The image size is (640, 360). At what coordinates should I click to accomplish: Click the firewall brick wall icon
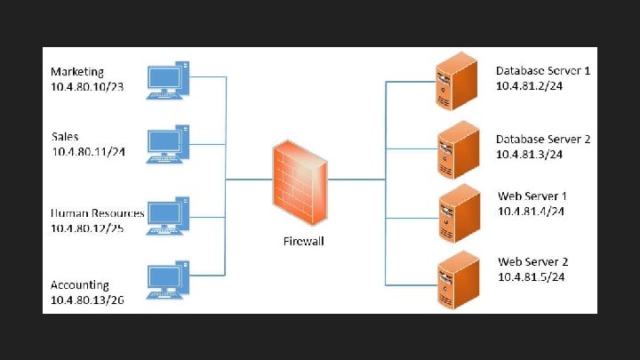click(x=299, y=181)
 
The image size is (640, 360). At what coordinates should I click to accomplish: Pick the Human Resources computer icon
click(x=167, y=216)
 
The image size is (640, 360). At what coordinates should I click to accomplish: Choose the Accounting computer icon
click(x=167, y=280)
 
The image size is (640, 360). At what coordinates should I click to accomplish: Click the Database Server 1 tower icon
click(x=450, y=83)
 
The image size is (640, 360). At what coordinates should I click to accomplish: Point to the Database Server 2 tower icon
click(x=450, y=150)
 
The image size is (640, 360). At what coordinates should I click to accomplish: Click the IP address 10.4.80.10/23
click(x=88, y=86)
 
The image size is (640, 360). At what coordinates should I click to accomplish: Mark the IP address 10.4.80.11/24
click(x=88, y=152)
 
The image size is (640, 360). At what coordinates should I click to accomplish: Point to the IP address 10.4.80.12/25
click(x=88, y=228)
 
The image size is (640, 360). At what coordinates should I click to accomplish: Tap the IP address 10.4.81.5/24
click(x=532, y=277)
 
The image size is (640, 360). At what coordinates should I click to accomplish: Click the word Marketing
click(x=77, y=71)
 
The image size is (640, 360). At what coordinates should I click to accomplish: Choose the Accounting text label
click(x=80, y=285)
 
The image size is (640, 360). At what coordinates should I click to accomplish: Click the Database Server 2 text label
click(x=543, y=140)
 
